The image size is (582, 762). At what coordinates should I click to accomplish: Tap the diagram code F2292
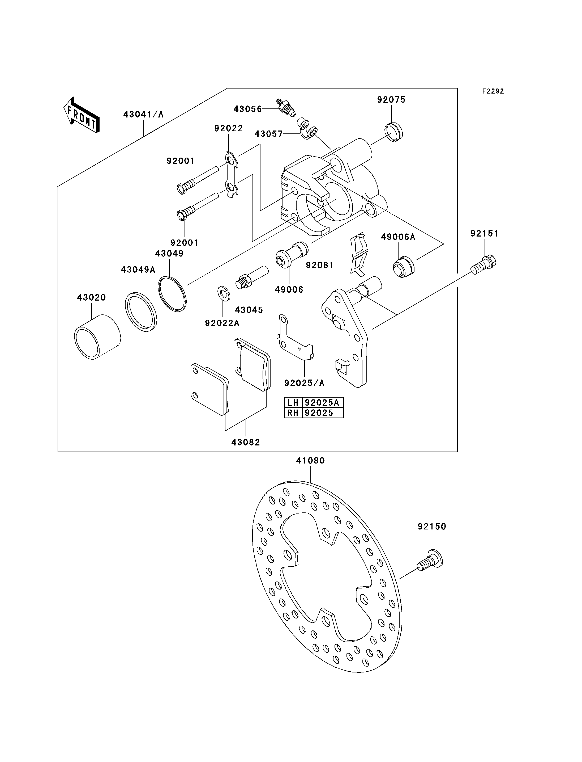point(493,91)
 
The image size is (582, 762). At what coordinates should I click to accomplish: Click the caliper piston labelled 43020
point(97,336)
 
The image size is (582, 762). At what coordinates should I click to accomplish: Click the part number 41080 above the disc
point(310,461)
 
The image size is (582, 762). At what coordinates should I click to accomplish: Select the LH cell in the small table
point(293,403)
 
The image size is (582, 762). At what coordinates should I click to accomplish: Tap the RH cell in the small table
point(293,413)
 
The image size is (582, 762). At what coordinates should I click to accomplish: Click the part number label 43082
point(246,442)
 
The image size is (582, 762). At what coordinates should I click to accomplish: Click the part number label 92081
point(319,265)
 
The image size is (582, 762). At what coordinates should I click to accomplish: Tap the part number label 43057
point(268,134)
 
